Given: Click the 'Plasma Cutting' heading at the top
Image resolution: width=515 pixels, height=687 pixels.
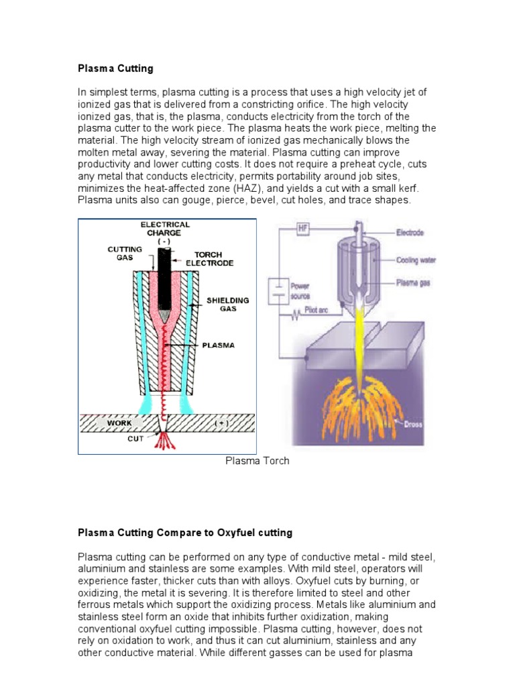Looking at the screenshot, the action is pyautogui.click(x=116, y=68).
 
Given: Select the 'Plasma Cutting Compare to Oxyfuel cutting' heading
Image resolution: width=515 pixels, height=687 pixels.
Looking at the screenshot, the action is pyautogui.click(x=185, y=533).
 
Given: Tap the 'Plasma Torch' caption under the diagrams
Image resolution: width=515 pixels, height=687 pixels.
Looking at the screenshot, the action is pyautogui.click(x=257, y=461).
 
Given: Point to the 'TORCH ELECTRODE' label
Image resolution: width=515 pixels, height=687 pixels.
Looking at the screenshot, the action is pyautogui.click(x=214, y=259).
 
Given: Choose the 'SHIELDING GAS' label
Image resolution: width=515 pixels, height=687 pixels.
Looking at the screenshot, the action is pyautogui.click(x=227, y=304).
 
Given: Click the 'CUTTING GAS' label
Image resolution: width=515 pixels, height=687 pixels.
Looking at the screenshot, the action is pyautogui.click(x=125, y=253).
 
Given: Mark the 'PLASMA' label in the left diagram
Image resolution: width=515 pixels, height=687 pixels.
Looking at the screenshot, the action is pyautogui.click(x=219, y=346).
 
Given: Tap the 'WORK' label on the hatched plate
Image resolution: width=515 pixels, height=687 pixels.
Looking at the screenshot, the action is pyautogui.click(x=119, y=424).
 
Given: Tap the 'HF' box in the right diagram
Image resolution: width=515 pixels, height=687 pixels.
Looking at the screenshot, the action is pyautogui.click(x=304, y=229).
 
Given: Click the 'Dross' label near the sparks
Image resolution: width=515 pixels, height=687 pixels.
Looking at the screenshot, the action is pyautogui.click(x=422, y=423).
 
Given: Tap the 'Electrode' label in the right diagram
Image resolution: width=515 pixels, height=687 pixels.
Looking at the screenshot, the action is pyautogui.click(x=410, y=233).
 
